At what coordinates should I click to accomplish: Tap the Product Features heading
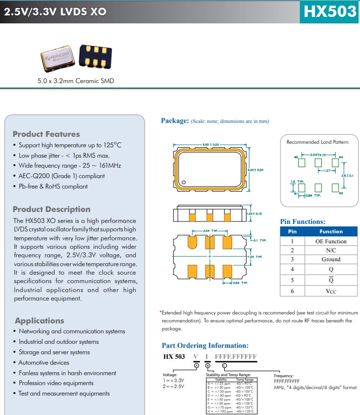pyautogui.click(x=46, y=134)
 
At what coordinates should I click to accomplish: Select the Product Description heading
pyautogui.click(x=51, y=209)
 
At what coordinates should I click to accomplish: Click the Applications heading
pyautogui.click(x=39, y=320)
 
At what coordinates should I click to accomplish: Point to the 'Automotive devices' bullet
pyautogui.click(x=44, y=362)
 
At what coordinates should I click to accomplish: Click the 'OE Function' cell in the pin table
pyautogui.click(x=331, y=241)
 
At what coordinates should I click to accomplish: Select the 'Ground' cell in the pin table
pyautogui.click(x=331, y=259)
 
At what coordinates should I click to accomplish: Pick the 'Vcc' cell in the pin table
pyautogui.click(x=331, y=291)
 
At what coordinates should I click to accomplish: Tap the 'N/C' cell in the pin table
pyautogui.click(x=331, y=250)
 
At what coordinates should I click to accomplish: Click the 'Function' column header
pyautogui.click(x=331, y=231)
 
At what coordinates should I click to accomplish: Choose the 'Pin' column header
pyautogui.click(x=292, y=231)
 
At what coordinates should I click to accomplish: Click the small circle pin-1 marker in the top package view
pyautogui.click(x=183, y=183)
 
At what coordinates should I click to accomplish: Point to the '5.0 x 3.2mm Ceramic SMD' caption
pyautogui.click(x=76, y=81)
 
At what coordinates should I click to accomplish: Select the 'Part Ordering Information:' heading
pyautogui.click(x=205, y=345)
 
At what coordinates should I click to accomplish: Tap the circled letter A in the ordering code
pyautogui.click(x=196, y=365)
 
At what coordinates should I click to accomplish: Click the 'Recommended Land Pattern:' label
pyautogui.click(x=318, y=142)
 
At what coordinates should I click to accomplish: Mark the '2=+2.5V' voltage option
pyautogui.click(x=173, y=386)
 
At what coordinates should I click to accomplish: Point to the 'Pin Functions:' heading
pyautogui.click(x=303, y=221)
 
